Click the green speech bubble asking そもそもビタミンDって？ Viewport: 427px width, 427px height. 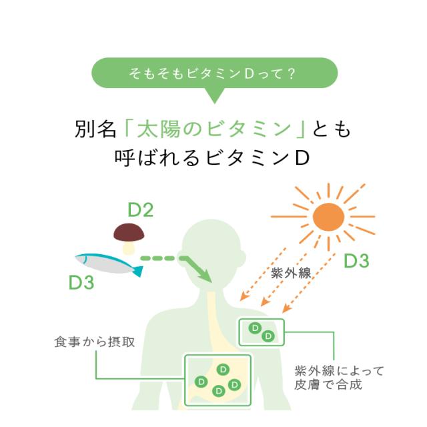coord(213,73)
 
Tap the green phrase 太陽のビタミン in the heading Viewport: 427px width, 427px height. coord(215,128)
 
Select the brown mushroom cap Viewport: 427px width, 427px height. coord(129,232)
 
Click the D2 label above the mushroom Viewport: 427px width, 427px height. coord(141,211)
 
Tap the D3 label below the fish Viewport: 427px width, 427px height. coord(81,282)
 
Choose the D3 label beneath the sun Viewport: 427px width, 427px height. coord(356,261)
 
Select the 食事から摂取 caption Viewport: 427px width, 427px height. coord(95,342)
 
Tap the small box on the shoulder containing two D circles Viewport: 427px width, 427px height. coord(262,332)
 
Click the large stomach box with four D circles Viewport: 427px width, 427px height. coord(218,379)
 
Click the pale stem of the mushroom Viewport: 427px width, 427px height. coord(129,247)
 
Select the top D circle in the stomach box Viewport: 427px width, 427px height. coord(222,368)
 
